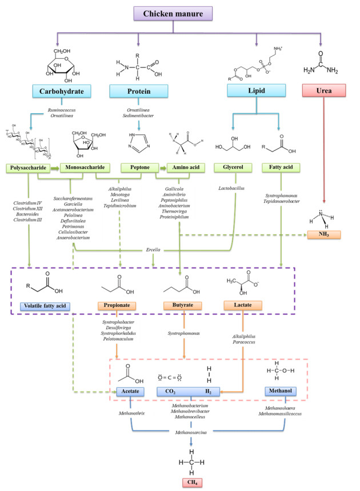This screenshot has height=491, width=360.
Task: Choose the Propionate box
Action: click(117, 306)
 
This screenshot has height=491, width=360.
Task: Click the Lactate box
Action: click(249, 306)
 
